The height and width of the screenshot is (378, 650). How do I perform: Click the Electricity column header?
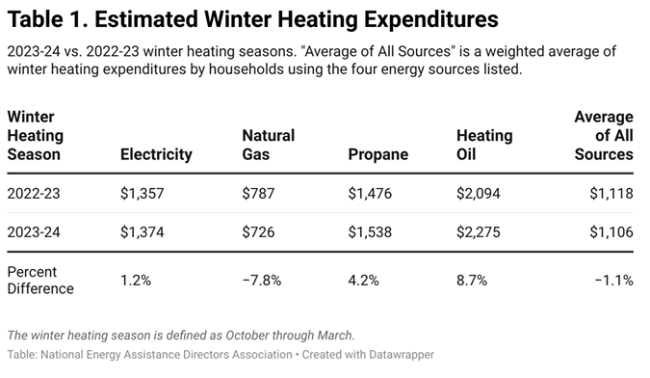(x=156, y=154)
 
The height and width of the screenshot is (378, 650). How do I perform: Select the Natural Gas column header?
(x=269, y=145)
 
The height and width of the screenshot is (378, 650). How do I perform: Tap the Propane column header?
(x=378, y=154)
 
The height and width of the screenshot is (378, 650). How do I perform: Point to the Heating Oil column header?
(x=484, y=145)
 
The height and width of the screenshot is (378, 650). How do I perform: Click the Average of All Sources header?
(x=604, y=135)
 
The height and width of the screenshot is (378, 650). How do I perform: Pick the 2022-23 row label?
(x=34, y=194)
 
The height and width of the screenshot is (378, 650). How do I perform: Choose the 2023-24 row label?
(x=34, y=231)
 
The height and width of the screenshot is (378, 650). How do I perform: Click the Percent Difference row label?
(x=40, y=280)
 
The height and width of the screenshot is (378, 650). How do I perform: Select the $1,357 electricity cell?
(x=143, y=194)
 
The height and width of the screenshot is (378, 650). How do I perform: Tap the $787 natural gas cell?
(x=258, y=194)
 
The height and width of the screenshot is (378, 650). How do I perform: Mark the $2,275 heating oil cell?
(x=479, y=231)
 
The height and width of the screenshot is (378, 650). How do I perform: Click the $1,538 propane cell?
(x=370, y=231)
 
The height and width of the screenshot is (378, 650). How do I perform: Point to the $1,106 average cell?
(x=611, y=231)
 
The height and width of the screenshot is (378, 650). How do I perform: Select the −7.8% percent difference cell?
(x=262, y=281)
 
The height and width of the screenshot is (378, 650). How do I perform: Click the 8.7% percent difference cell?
(x=472, y=281)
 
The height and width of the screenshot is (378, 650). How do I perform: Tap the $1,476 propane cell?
(x=370, y=194)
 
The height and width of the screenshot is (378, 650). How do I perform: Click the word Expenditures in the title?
(x=431, y=19)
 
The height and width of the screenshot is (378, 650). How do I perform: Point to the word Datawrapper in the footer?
(x=402, y=355)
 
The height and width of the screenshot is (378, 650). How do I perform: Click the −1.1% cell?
(x=614, y=281)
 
